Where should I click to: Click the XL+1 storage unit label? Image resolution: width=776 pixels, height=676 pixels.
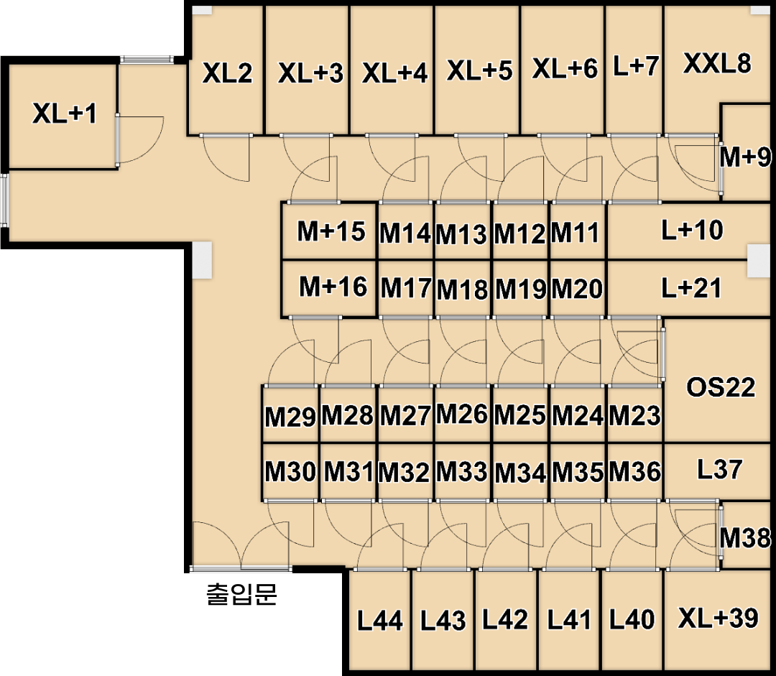pyautogui.click(x=65, y=114)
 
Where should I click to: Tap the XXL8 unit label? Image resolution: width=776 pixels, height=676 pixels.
pyautogui.click(x=717, y=63)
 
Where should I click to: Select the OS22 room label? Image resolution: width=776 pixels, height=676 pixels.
pyautogui.click(x=721, y=387)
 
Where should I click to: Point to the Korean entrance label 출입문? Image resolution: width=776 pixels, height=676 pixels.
pyautogui.click(x=241, y=594)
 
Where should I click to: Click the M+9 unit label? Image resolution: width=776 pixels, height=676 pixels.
pyautogui.click(x=745, y=157)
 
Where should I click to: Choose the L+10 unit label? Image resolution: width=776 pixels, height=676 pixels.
pyautogui.click(x=692, y=230)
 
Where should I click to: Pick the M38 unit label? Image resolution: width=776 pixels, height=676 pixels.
pyautogui.click(x=745, y=537)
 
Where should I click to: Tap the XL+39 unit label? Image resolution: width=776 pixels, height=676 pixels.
pyautogui.click(x=718, y=618)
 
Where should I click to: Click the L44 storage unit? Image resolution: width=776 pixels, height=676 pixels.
pyautogui.click(x=380, y=620)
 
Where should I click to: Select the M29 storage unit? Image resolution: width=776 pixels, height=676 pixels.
pyautogui.click(x=290, y=415)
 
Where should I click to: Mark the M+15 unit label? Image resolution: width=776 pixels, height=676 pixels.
pyautogui.click(x=331, y=231)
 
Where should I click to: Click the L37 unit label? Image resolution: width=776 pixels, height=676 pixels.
pyautogui.click(x=719, y=469)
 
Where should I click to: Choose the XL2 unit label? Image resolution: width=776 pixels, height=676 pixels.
pyautogui.click(x=227, y=73)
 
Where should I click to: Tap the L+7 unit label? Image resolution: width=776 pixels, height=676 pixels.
pyautogui.click(x=635, y=66)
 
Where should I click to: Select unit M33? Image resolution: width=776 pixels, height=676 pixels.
pyautogui.click(x=462, y=471)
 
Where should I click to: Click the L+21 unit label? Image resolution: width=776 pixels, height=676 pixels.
pyautogui.click(x=691, y=288)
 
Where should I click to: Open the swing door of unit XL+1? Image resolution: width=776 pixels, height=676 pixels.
pyautogui.click(x=140, y=139)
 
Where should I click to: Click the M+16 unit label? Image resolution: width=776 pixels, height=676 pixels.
pyautogui.click(x=333, y=287)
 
